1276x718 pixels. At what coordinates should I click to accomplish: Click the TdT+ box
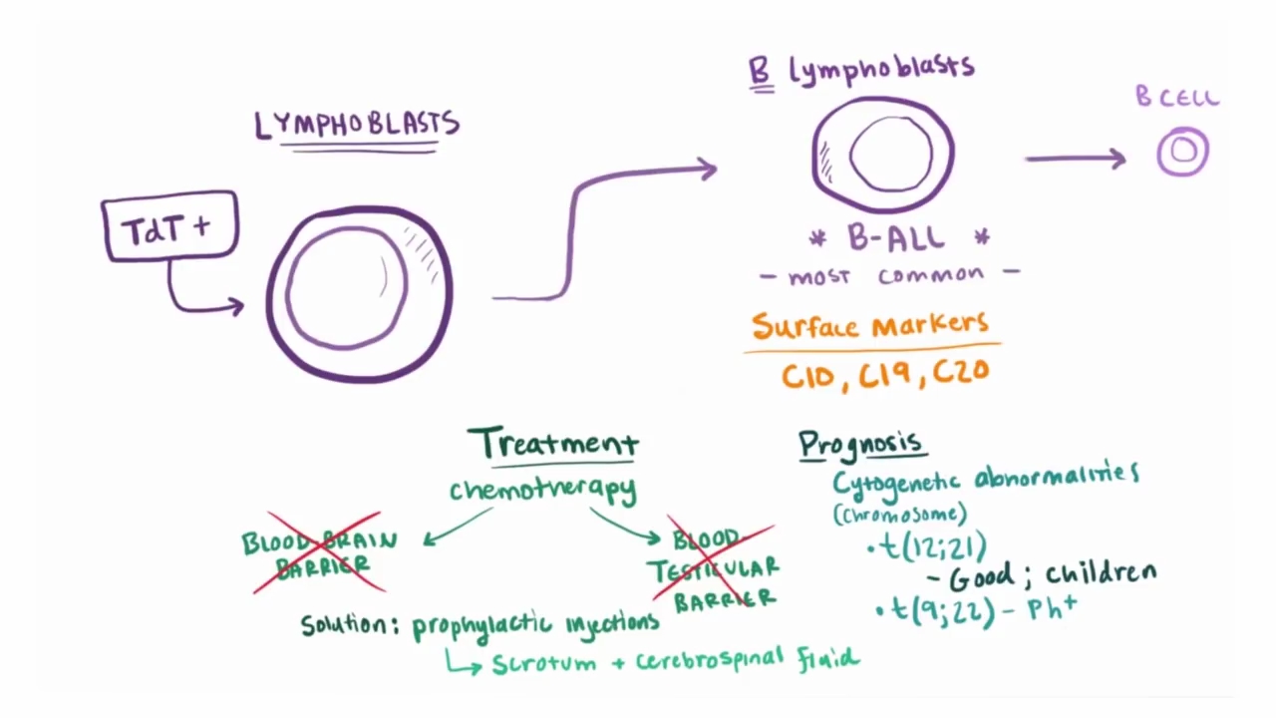pyautogui.click(x=169, y=227)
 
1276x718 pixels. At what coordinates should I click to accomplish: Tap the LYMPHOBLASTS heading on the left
pyautogui.click(x=357, y=125)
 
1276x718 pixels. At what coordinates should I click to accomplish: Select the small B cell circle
pyautogui.click(x=1183, y=152)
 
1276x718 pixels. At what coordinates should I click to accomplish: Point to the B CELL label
pyautogui.click(x=1177, y=98)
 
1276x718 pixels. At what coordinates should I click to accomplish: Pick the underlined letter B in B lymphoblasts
pyautogui.click(x=761, y=71)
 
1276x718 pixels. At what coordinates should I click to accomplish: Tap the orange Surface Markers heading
pyautogui.click(x=870, y=325)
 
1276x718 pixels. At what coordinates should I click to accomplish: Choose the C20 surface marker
pyautogui.click(x=961, y=373)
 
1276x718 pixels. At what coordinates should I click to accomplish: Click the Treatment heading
pyautogui.click(x=553, y=443)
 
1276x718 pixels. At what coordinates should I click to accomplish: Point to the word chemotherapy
pyautogui.click(x=542, y=490)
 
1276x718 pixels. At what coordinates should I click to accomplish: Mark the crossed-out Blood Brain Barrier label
pyautogui.click(x=319, y=553)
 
